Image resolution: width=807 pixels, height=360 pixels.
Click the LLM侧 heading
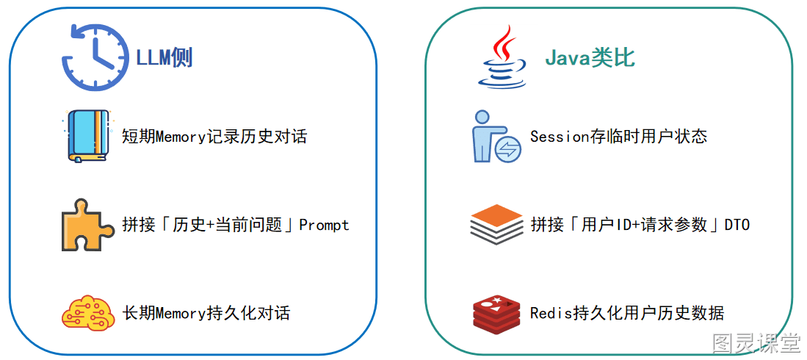(164, 58)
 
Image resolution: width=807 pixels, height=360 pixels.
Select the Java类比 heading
(590, 59)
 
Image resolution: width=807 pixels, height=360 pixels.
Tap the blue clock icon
(95, 58)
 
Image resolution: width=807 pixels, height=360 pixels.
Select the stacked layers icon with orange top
(496, 225)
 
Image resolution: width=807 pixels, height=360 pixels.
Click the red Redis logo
(496, 312)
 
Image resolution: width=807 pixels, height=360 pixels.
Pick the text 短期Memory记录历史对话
(214, 137)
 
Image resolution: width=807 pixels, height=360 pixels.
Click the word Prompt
(325, 225)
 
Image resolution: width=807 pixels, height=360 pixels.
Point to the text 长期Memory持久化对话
(206, 313)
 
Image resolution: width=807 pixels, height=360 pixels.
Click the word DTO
(737, 225)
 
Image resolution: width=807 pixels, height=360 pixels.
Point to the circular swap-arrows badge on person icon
(508, 149)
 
